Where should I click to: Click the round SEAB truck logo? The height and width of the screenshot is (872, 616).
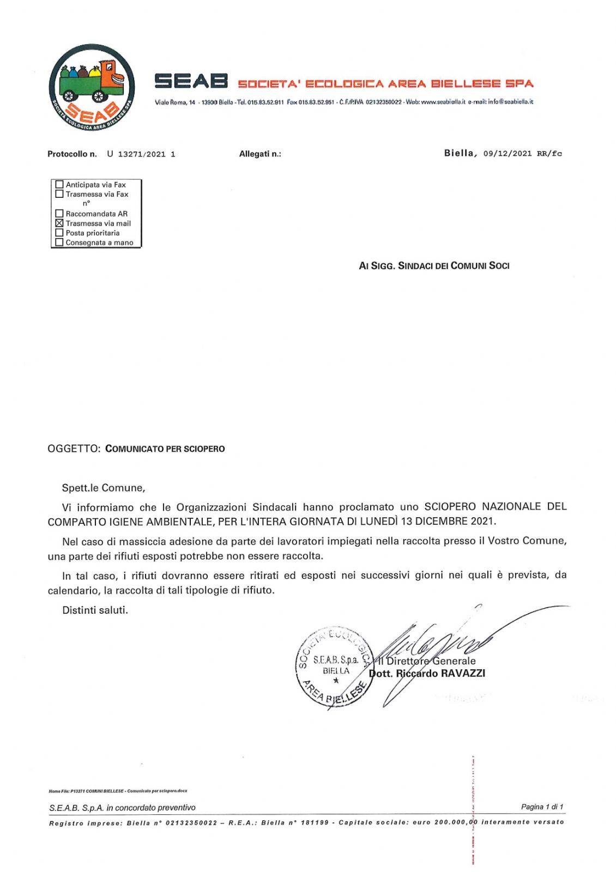92,87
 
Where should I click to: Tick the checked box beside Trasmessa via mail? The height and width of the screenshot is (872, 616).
59,223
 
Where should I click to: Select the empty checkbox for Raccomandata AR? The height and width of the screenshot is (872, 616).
59,214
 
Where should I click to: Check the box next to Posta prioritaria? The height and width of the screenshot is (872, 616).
59,233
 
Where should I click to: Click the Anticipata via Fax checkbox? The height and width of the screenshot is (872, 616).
59,184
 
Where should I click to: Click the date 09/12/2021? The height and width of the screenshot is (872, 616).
507,154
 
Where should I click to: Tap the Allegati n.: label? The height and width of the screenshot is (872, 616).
260,154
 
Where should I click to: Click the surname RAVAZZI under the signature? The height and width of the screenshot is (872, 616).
463,673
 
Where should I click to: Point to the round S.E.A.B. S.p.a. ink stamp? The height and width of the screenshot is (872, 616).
334,667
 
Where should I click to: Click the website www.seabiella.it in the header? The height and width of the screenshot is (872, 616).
443,102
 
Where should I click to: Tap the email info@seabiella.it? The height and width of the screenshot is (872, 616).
510,102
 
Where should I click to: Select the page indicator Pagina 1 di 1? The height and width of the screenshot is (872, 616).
542,807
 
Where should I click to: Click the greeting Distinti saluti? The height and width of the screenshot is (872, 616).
95,610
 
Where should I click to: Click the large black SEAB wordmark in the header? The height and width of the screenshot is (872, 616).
191,81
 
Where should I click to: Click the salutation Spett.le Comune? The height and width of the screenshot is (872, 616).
103,488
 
